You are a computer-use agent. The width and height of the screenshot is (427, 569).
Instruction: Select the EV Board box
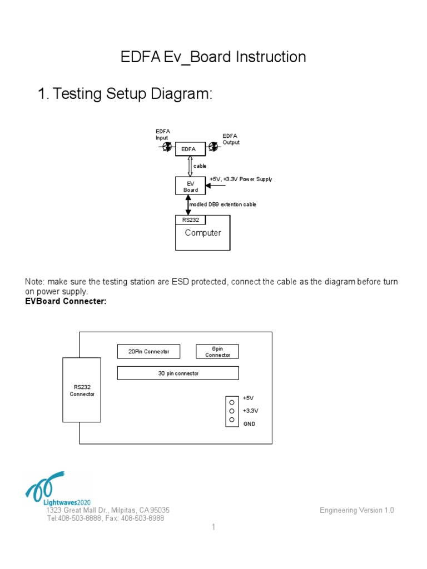(x=191, y=186)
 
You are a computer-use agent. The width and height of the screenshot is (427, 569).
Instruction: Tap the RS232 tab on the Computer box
(x=190, y=220)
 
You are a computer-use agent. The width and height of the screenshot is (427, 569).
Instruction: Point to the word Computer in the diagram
(x=203, y=233)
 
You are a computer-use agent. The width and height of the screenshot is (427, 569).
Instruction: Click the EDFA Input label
(x=163, y=134)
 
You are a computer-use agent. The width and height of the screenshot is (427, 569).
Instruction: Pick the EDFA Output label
(x=231, y=139)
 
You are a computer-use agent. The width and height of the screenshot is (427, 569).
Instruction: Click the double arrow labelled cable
(x=190, y=166)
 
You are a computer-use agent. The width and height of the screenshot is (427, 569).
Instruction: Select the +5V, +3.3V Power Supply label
(x=241, y=179)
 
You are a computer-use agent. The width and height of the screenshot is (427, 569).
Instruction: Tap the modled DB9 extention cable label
(x=222, y=204)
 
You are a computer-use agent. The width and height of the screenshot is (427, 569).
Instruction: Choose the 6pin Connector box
(x=217, y=352)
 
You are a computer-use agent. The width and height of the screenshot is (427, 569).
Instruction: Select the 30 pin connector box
(x=178, y=373)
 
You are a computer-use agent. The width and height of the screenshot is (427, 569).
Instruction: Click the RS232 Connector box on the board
(x=82, y=390)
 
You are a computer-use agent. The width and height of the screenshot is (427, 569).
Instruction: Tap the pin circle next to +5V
(x=231, y=401)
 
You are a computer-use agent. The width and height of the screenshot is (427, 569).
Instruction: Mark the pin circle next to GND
(x=231, y=420)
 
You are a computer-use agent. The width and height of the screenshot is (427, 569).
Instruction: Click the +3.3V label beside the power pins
(x=250, y=411)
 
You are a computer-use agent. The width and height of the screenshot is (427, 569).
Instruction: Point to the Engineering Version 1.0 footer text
(x=357, y=510)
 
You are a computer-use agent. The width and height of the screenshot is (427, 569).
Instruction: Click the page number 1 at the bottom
(x=213, y=527)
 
